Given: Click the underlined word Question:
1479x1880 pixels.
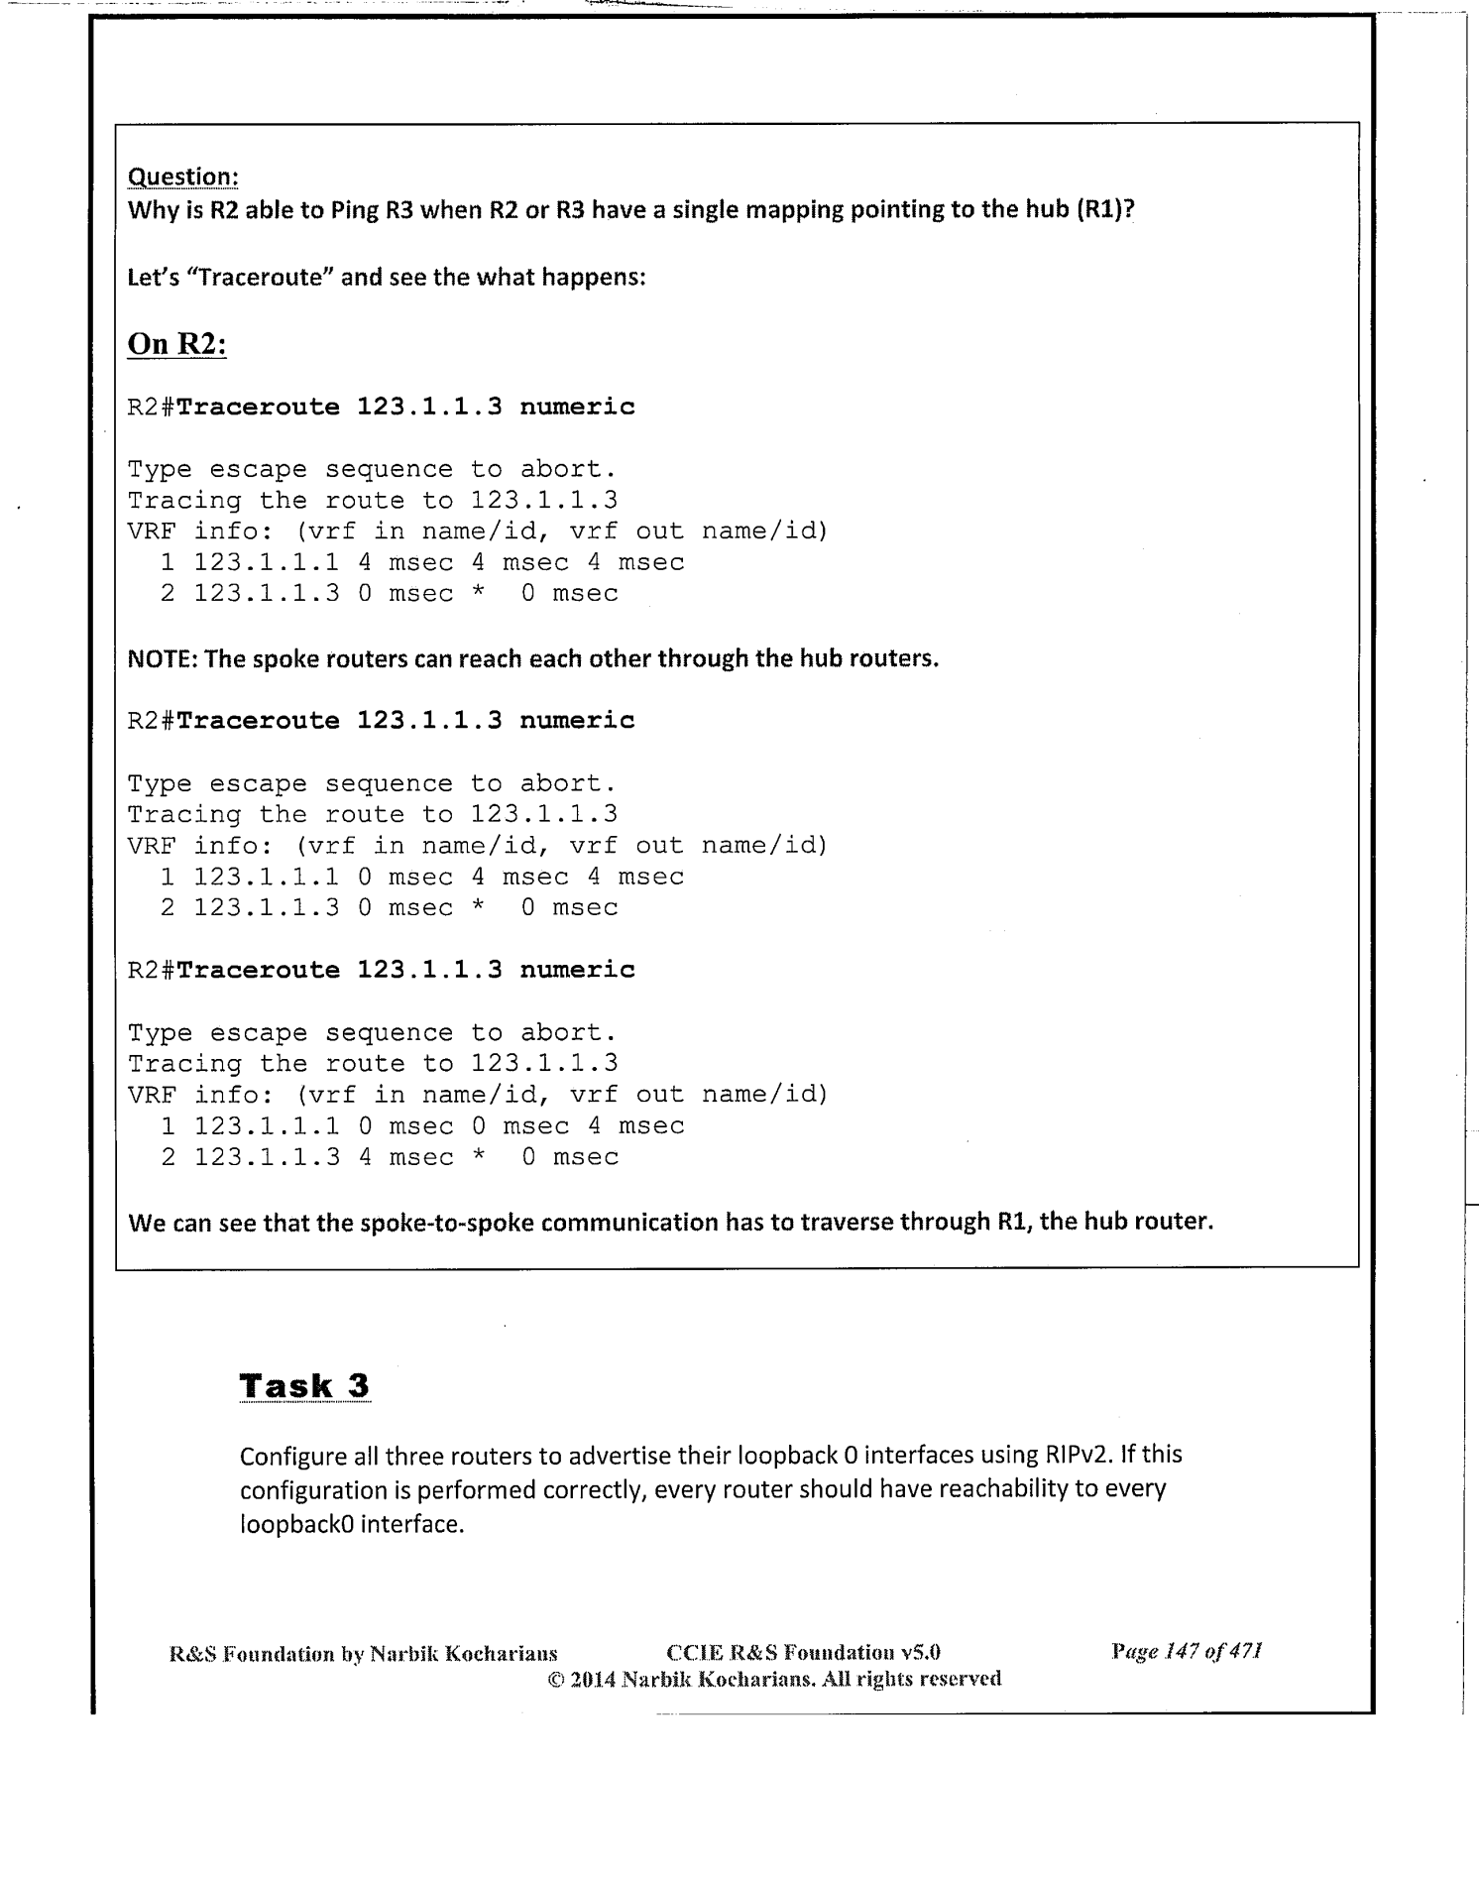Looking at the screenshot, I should (183, 176).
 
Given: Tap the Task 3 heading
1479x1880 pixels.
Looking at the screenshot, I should (304, 1385).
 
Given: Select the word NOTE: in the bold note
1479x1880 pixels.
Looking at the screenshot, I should (163, 658).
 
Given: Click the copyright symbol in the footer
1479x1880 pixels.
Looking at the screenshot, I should (555, 1679).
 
